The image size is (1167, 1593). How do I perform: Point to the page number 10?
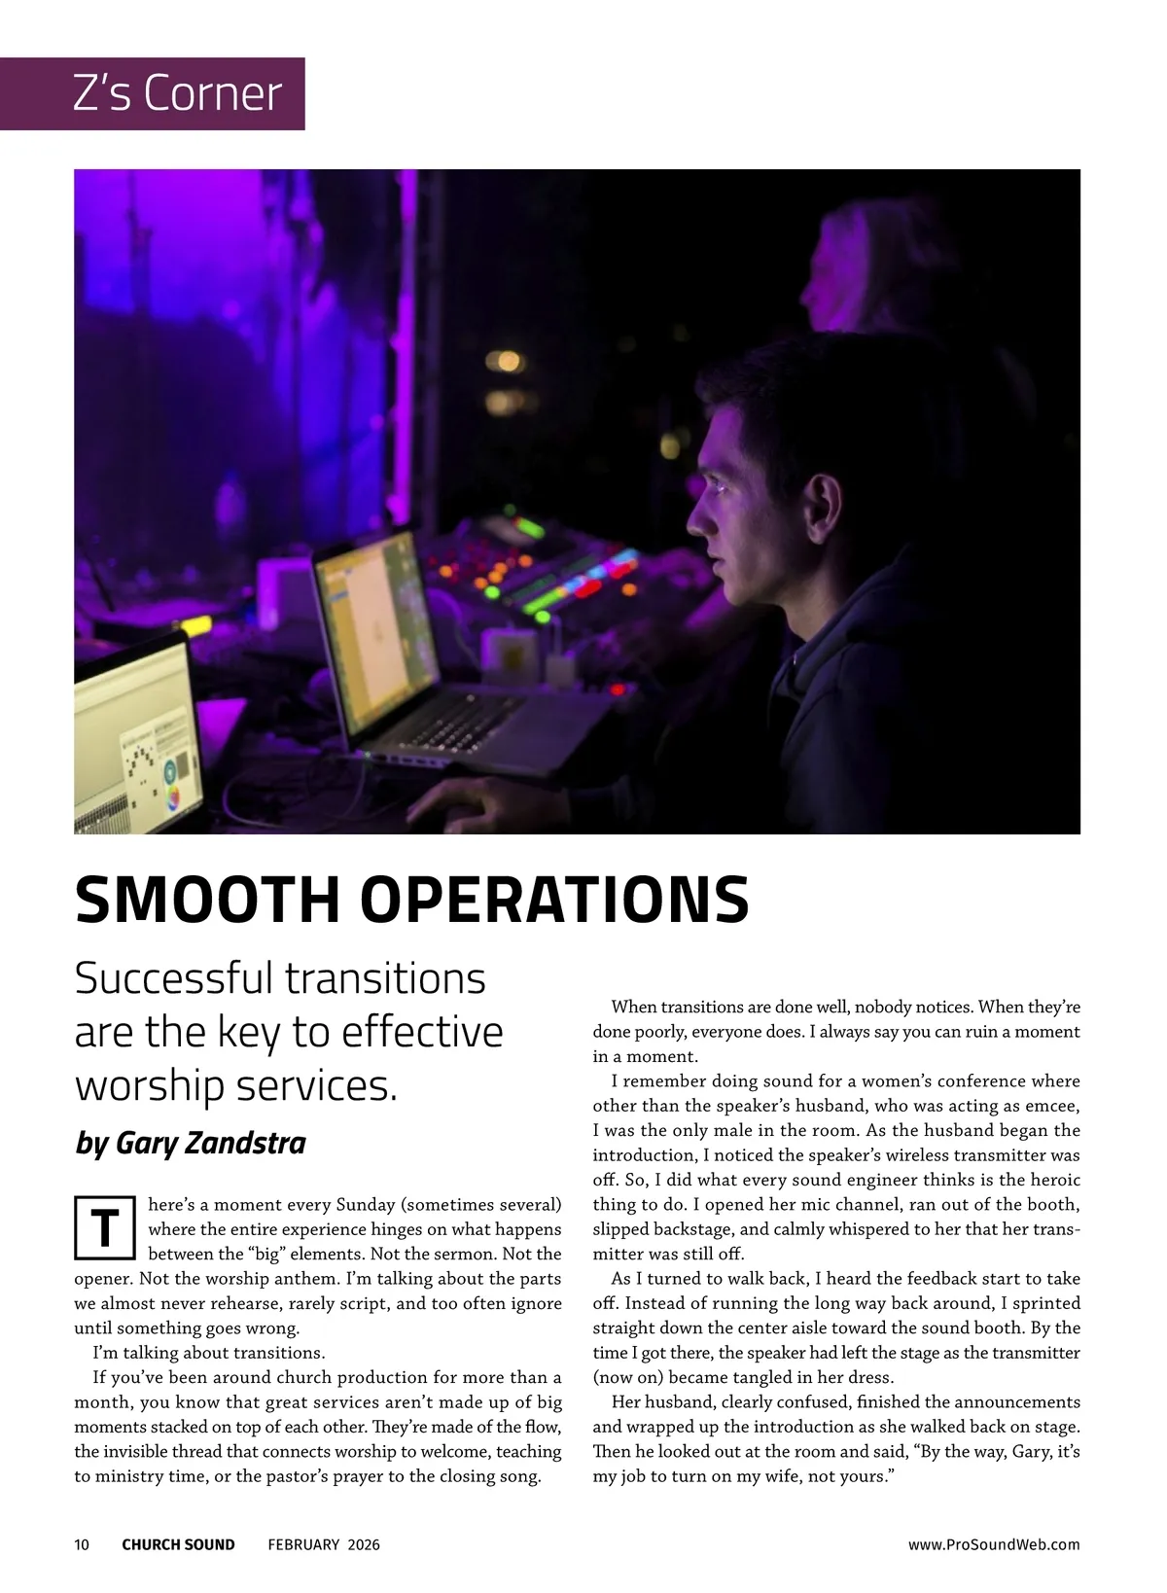(82, 1544)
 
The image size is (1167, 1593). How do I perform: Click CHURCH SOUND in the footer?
(178, 1544)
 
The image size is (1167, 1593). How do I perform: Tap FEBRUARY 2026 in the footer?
(324, 1544)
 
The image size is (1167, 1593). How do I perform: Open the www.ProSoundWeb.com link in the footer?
(993, 1544)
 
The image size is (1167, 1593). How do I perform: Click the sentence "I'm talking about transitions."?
(208, 1353)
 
